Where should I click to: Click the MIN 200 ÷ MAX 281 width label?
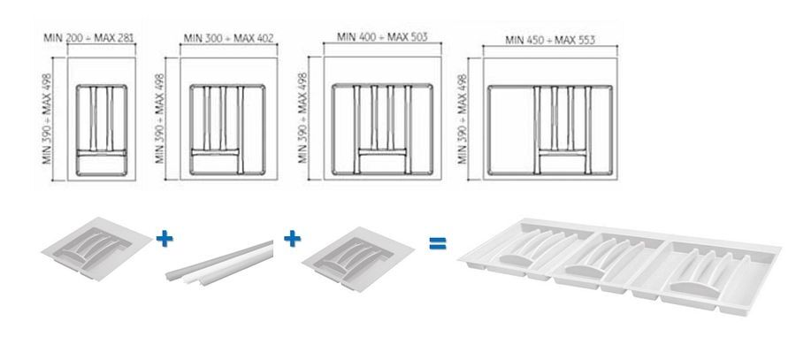pyautogui.click(x=88, y=37)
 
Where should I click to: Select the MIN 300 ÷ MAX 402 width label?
pyautogui.click(x=228, y=38)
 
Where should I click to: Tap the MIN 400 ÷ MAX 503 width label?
pyautogui.click(x=382, y=37)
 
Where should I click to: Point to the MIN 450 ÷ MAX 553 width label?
pyautogui.click(x=550, y=40)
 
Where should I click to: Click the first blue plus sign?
pyautogui.click(x=164, y=238)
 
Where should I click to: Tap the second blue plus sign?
pyautogui.click(x=292, y=238)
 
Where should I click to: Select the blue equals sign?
pyautogui.click(x=437, y=243)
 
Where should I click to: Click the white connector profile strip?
pyautogui.click(x=219, y=263)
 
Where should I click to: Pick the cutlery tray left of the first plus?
pyautogui.click(x=96, y=249)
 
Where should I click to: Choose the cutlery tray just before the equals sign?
pyautogui.click(x=358, y=258)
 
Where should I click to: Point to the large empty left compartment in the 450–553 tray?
pyautogui.click(x=510, y=131)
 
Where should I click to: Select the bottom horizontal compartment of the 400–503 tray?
pyautogui.click(x=382, y=164)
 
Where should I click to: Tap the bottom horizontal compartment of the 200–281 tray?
pyautogui.click(x=102, y=165)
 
